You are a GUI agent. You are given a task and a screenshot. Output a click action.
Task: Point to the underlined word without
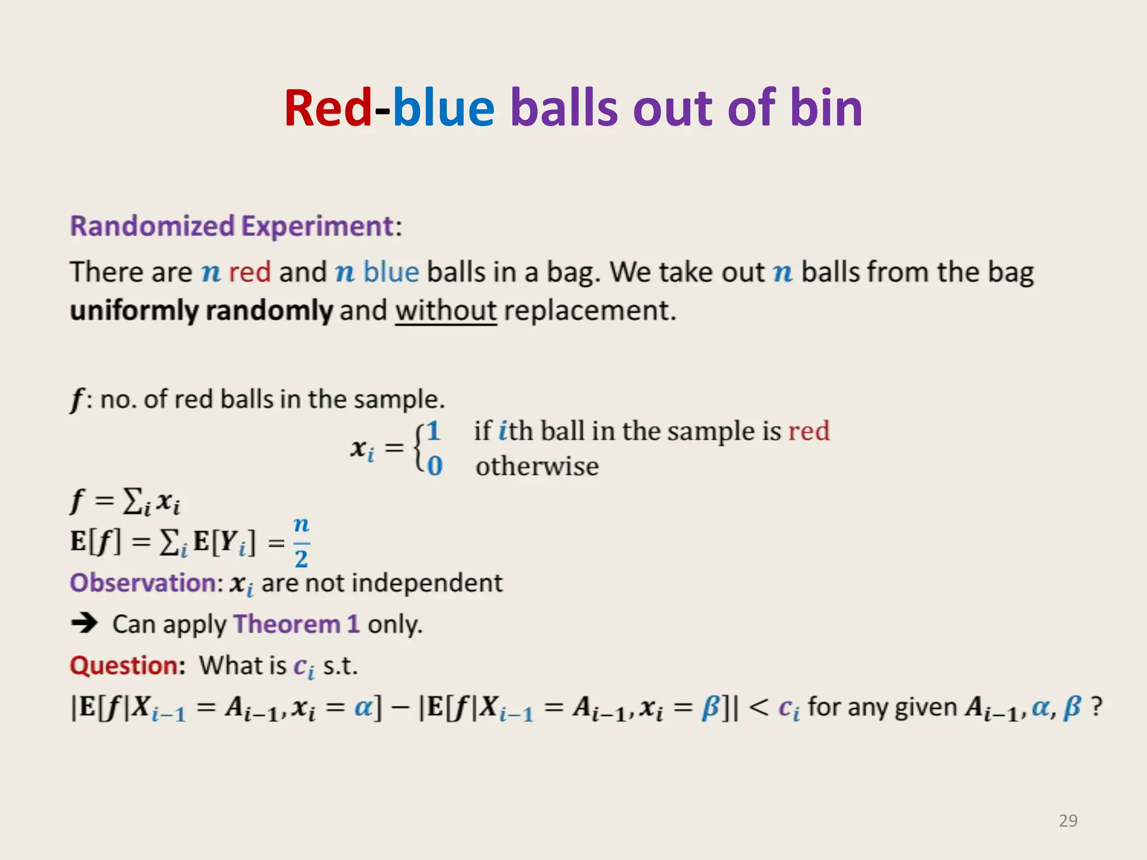tap(446, 310)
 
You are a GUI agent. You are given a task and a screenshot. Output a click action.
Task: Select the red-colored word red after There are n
tap(250, 272)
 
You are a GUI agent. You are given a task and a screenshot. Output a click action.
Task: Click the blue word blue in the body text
tap(391, 272)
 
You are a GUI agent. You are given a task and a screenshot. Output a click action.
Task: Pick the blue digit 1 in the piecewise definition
tap(433, 431)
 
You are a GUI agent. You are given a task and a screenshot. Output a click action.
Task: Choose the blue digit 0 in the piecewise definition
tap(435, 466)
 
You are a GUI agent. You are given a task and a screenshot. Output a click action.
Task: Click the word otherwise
tap(537, 466)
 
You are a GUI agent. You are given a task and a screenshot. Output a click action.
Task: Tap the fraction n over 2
tap(301, 542)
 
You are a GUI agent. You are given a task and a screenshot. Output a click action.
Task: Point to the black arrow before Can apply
tap(85, 623)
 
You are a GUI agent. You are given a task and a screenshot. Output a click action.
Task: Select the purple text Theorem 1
tap(296, 624)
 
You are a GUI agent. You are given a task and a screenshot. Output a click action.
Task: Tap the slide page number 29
tap(1067, 820)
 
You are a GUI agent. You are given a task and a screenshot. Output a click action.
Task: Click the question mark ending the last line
tap(1096, 707)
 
